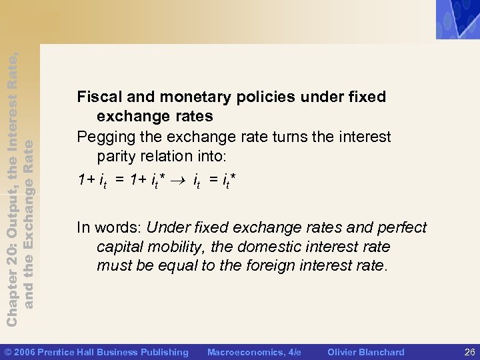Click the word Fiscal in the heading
point(97,97)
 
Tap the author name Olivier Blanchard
point(365,352)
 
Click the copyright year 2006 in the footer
point(24,352)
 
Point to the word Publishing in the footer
point(164,352)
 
